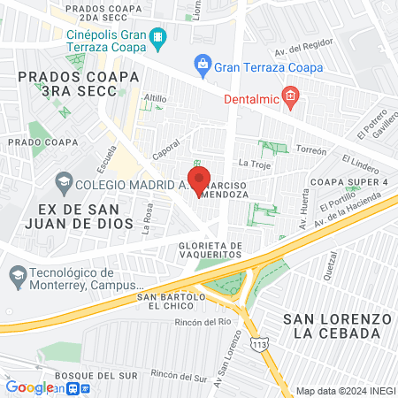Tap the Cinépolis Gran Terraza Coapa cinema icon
pos(157,37)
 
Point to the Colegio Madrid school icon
pos(65,184)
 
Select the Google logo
pos(30,387)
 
